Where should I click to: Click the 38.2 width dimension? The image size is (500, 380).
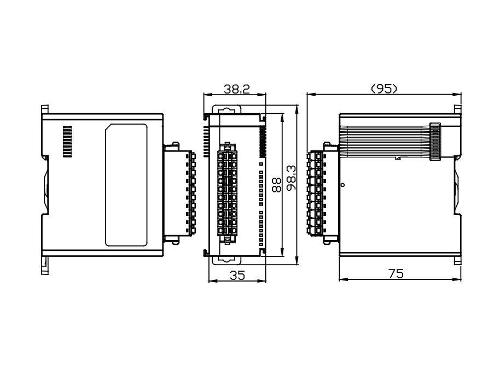(x=237, y=89)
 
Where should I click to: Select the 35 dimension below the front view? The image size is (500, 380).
(x=236, y=276)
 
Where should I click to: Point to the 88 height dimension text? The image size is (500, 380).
(x=277, y=184)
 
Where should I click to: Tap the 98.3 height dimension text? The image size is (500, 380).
(x=290, y=177)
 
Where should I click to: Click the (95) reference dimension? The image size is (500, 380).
(x=384, y=89)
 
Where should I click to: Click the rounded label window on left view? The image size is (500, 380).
(x=126, y=185)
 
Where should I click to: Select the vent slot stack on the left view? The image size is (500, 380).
(x=67, y=142)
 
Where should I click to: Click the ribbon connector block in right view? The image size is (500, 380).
(x=435, y=142)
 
